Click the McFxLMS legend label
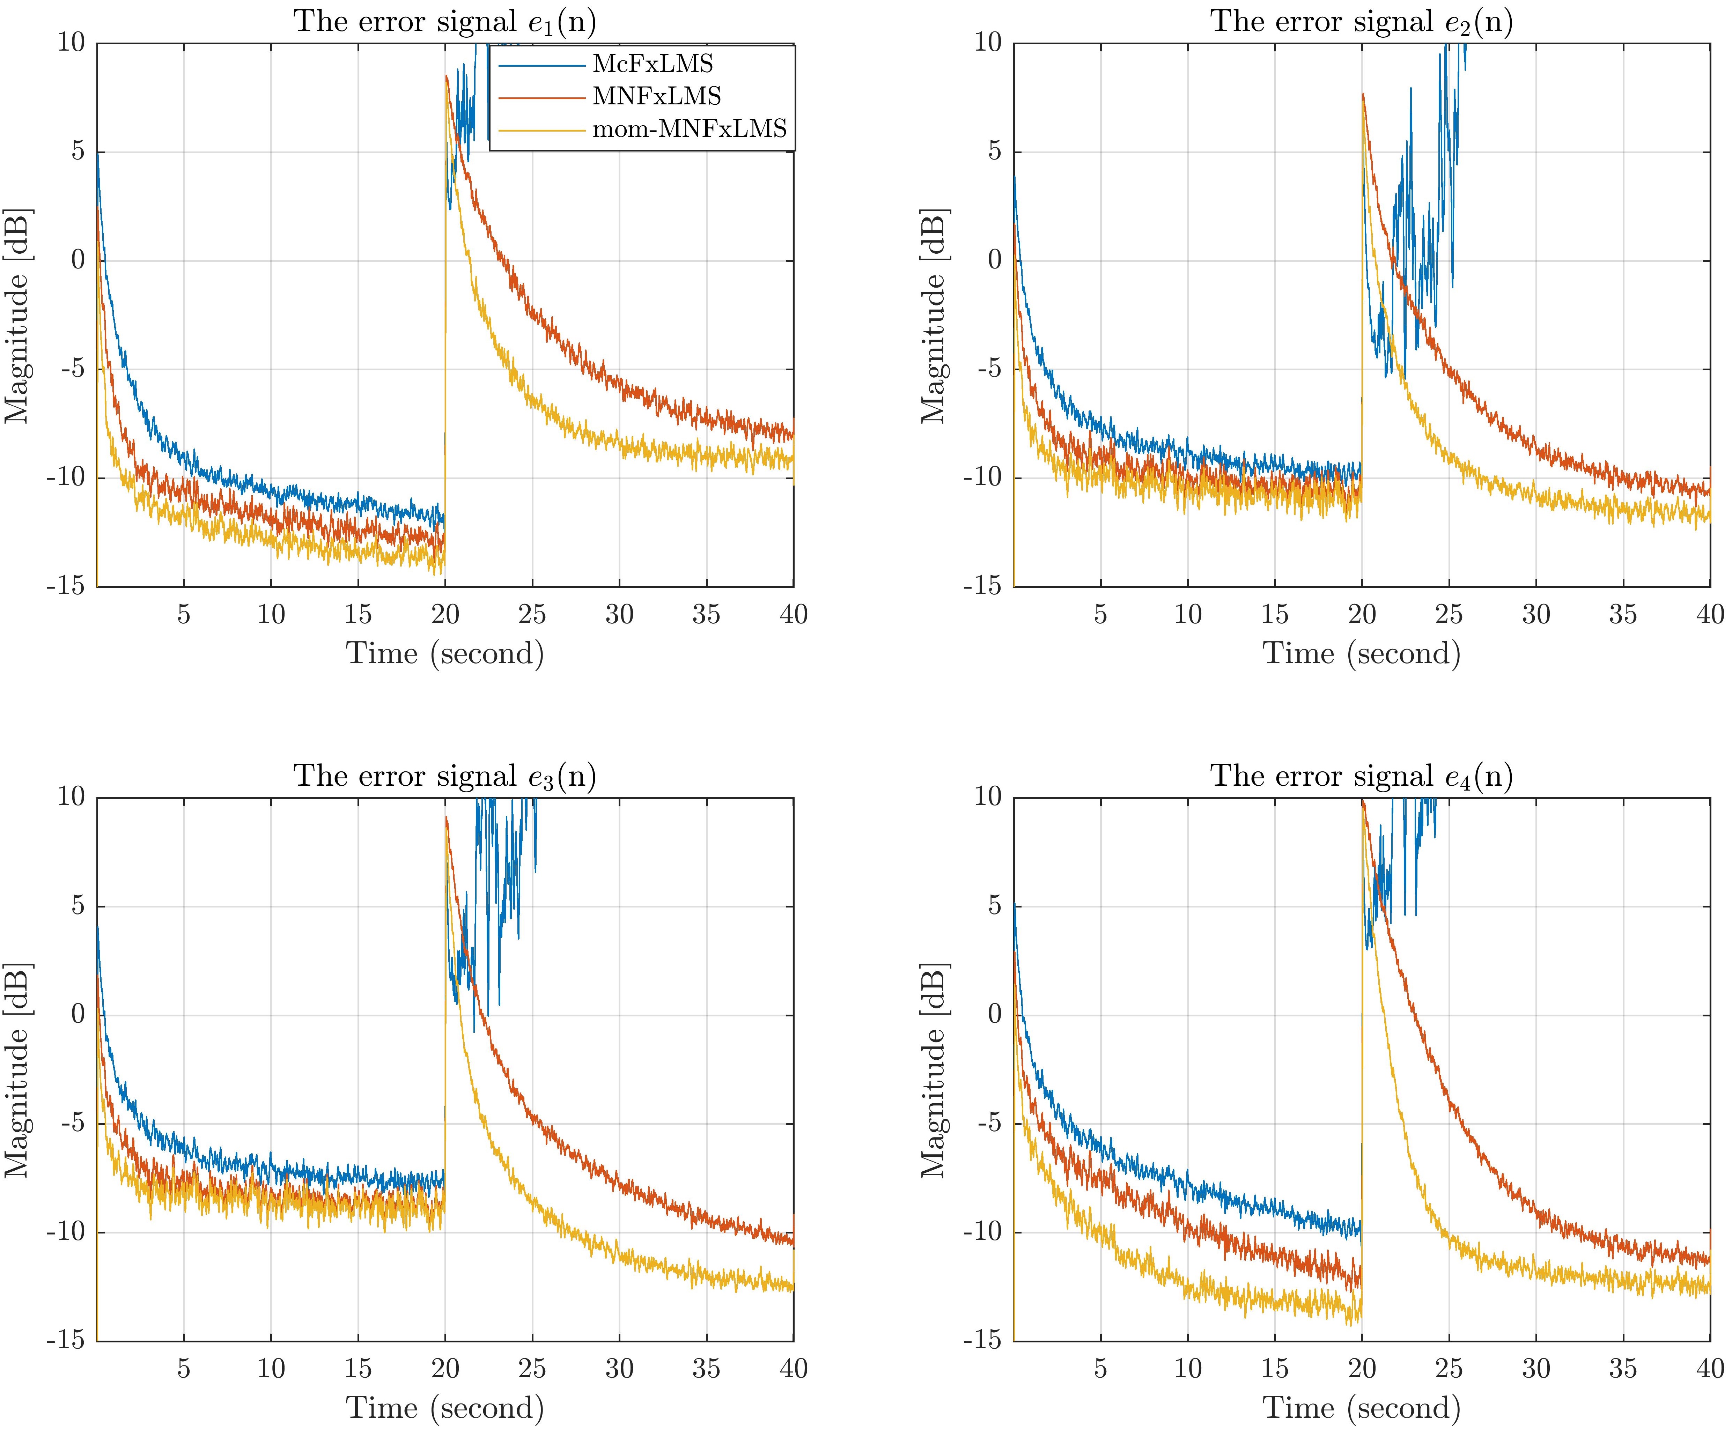(653, 64)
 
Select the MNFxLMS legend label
(657, 96)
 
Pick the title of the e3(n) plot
(445, 776)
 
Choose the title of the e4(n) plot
(1361, 776)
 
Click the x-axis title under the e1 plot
(445, 653)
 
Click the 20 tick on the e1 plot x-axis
(445, 615)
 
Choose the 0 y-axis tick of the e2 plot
(995, 260)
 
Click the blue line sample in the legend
(540, 64)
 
